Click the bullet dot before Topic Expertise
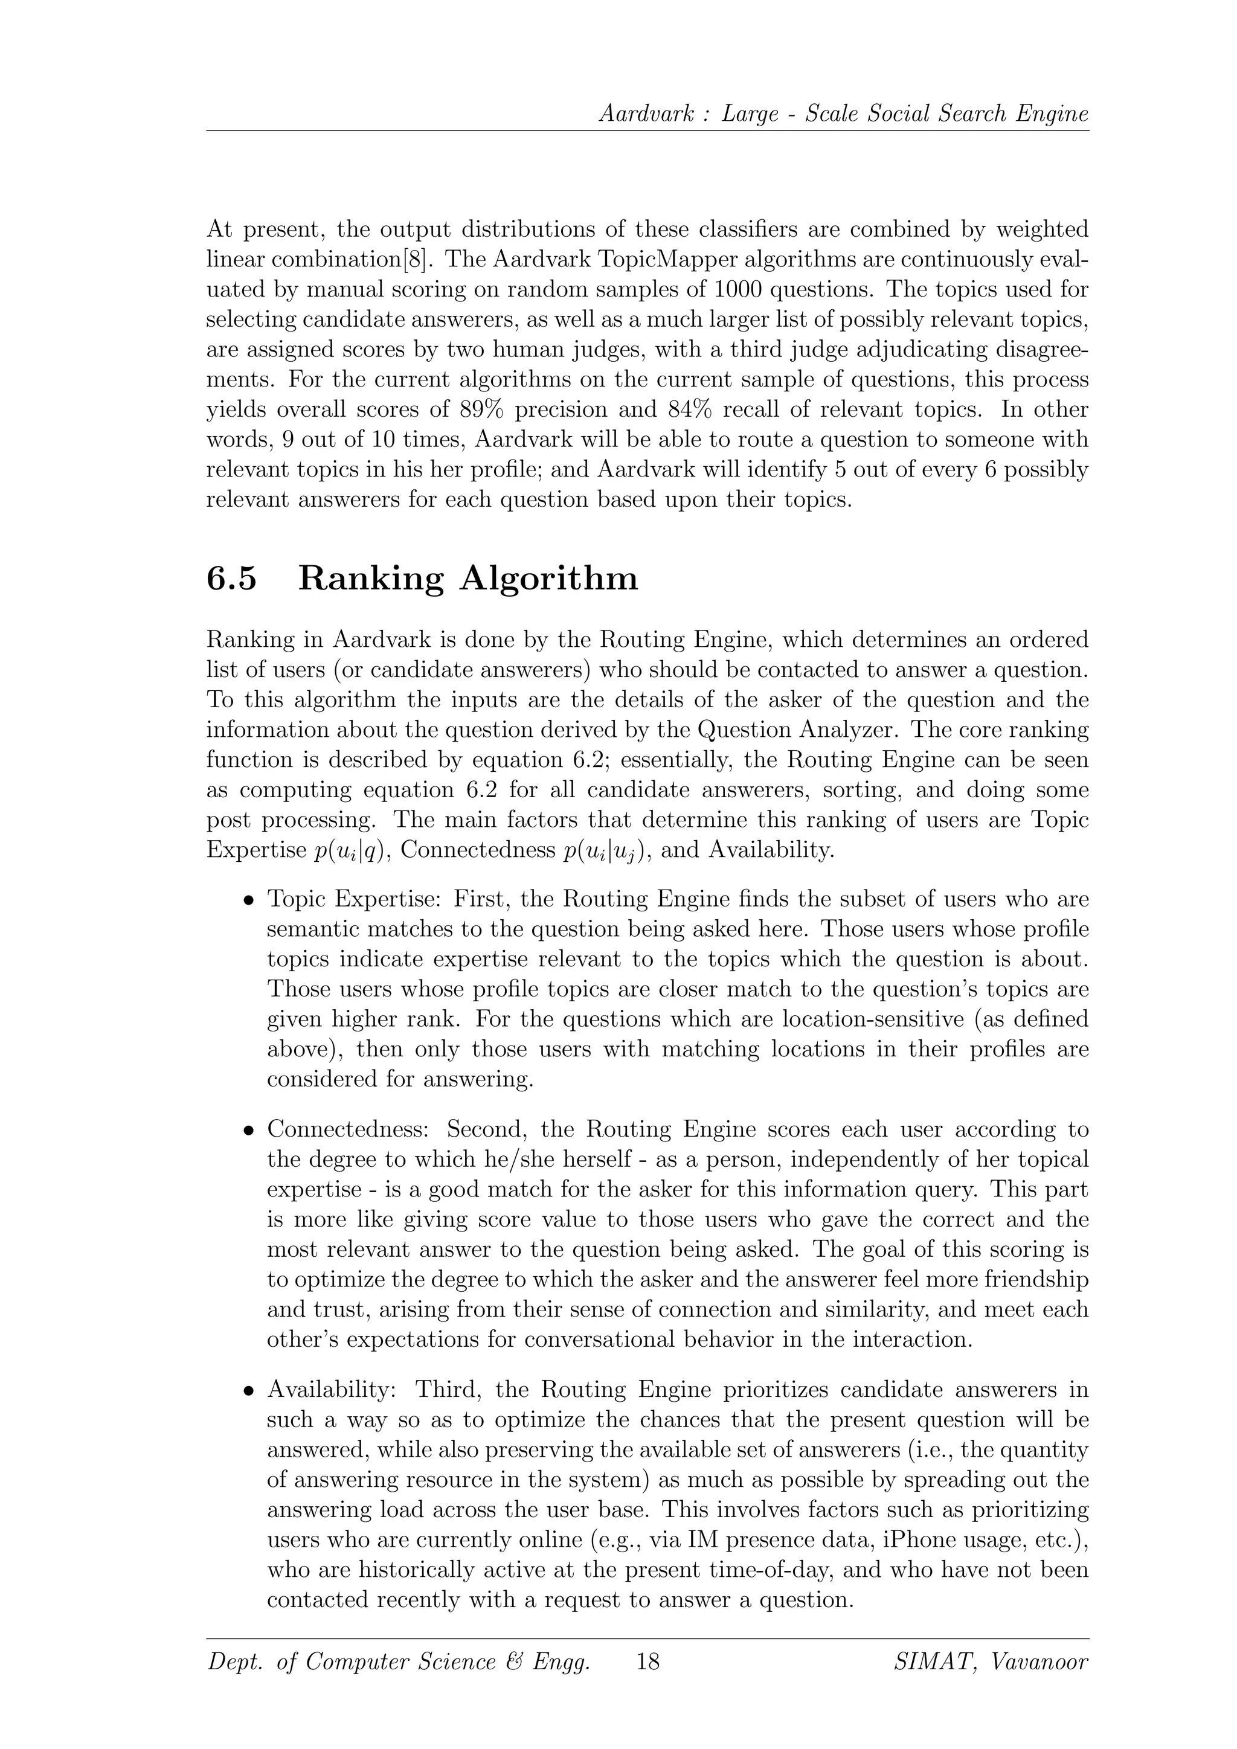click(x=248, y=900)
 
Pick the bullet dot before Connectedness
click(x=248, y=1131)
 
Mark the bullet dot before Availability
click(x=248, y=1391)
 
